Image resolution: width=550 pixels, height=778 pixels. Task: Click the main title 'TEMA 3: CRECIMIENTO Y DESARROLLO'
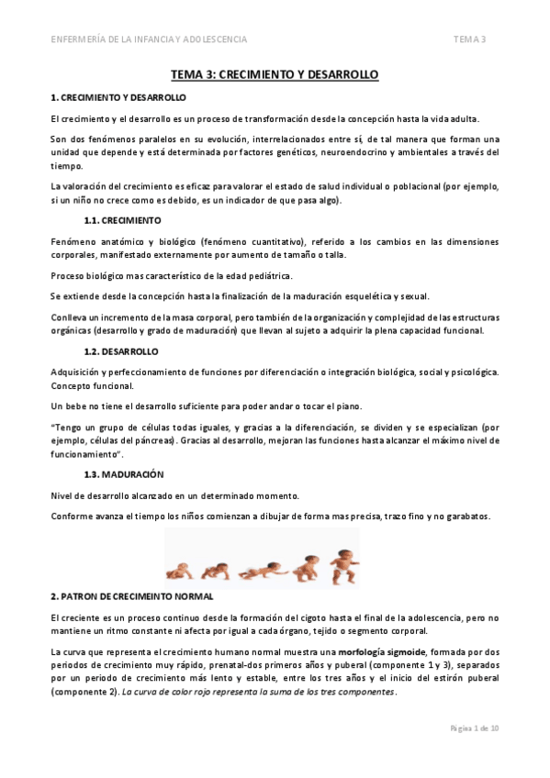click(x=275, y=73)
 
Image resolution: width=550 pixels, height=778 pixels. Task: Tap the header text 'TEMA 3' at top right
click(x=469, y=39)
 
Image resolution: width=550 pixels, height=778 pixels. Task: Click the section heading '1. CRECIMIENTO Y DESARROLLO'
click(x=118, y=96)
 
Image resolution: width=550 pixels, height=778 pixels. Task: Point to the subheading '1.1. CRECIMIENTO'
click(x=121, y=220)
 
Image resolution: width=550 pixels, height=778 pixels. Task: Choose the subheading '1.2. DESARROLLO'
click(x=120, y=351)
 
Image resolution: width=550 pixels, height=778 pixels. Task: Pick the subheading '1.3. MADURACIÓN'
click(x=123, y=474)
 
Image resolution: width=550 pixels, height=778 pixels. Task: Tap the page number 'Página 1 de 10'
click(x=474, y=728)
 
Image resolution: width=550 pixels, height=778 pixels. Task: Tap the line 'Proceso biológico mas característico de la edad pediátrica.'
click(x=172, y=276)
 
